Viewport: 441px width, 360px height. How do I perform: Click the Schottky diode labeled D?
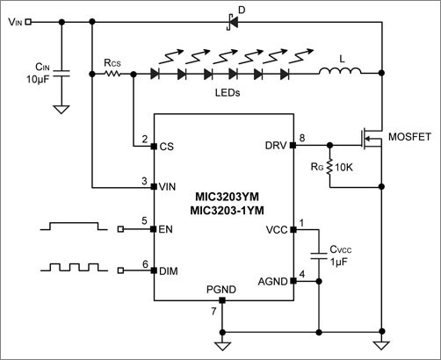click(232, 20)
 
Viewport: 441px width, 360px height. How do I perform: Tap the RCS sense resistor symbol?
click(112, 75)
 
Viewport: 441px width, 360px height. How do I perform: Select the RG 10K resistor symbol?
click(328, 167)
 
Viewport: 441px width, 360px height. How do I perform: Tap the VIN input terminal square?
click(29, 21)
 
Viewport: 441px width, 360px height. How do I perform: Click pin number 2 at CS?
click(144, 139)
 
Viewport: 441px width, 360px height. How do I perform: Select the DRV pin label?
click(274, 146)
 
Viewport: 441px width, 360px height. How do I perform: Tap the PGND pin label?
click(220, 289)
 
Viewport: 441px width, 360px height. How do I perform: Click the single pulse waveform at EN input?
click(75, 227)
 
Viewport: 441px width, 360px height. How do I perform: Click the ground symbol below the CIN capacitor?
click(61, 111)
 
